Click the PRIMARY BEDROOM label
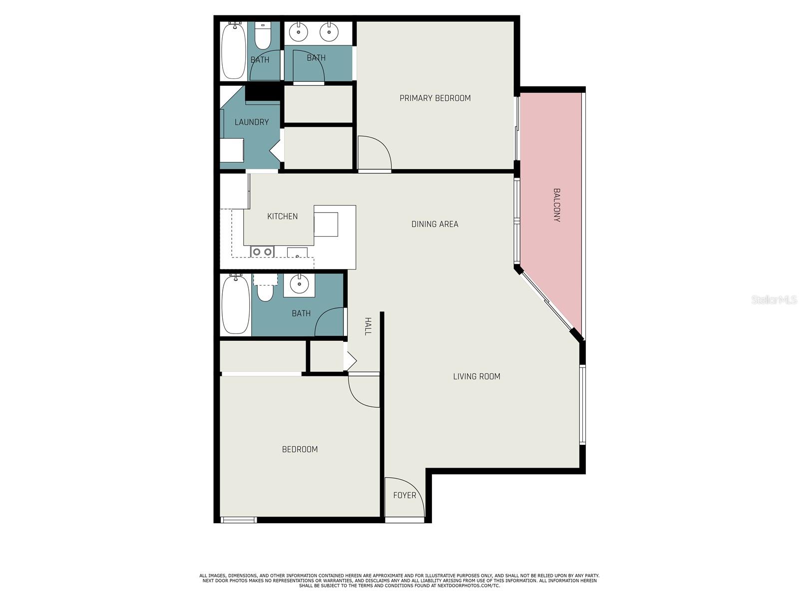(x=435, y=98)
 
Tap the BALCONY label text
(x=557, y=205)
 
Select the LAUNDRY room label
(x=252, y=122)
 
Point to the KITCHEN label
(x=283, y=217)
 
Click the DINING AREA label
(x=434, y=224)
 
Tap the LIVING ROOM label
(x=476, y=376)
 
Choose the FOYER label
(x=404, y=495)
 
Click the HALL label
(x=368, y=326)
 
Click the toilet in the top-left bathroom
(x=263, y=35)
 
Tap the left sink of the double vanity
(x=299, y=31)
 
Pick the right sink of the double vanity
(x=329, y=31)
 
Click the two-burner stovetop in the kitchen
(x=262, y=252)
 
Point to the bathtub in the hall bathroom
(x=236, y=304)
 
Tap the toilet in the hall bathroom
(x=265, y=289)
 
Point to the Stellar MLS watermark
(x=774, y=299)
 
